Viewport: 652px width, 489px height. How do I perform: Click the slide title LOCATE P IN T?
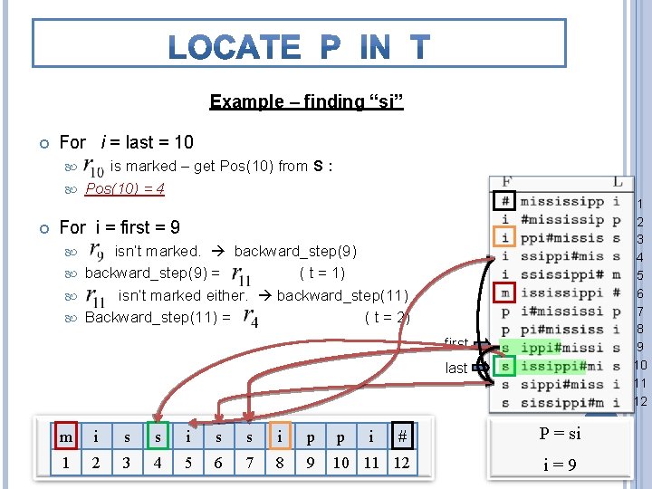tap(299, 46)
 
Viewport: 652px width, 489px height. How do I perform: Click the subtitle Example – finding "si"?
tap(306, 101)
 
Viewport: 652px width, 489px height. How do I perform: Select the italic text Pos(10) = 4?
tap(125, 189)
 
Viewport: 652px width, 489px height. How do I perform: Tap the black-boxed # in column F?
tap(506, 202)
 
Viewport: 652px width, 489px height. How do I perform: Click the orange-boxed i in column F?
tap(506, 238)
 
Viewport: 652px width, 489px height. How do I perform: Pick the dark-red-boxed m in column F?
tap(506, 293)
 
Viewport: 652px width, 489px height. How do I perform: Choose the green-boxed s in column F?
tap(506, 366)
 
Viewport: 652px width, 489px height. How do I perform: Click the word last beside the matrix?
tap(456, 368)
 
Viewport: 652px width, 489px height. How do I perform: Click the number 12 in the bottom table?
tap(401, 464)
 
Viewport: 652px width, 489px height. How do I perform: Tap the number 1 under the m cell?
tap(65, 464)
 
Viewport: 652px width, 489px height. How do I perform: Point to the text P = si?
tap(561, 433)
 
